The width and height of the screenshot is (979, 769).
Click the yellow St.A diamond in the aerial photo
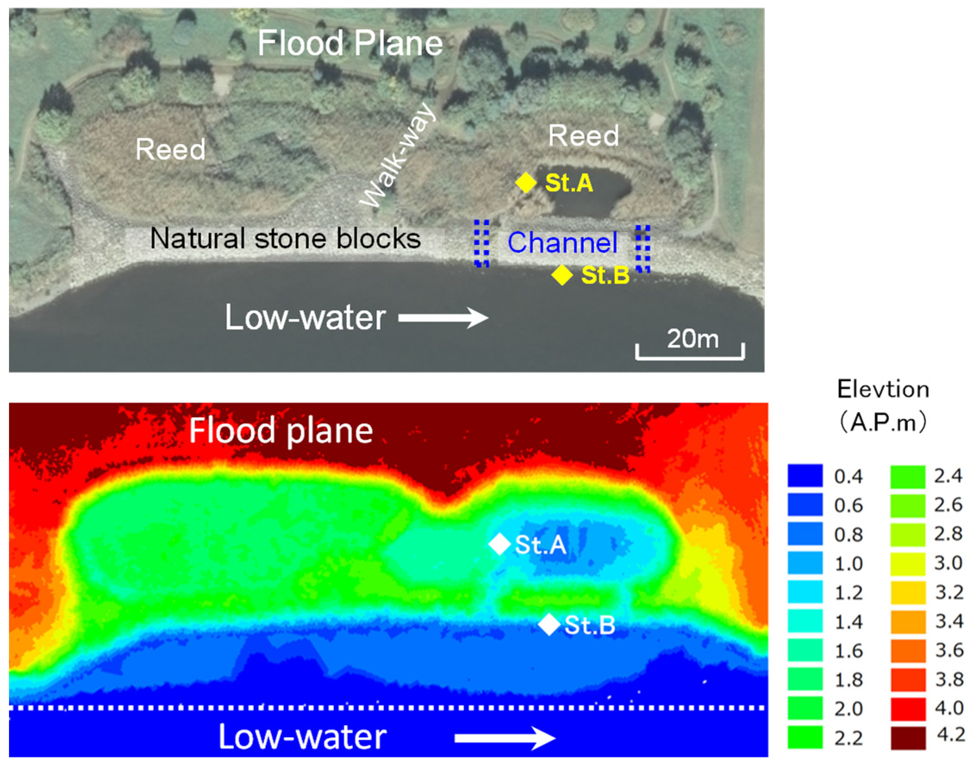click(525, 183)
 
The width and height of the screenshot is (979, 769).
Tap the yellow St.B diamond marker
click(562, 275)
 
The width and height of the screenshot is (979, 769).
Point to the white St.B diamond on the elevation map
click(549, 625)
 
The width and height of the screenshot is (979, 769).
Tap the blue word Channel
click(562, 243)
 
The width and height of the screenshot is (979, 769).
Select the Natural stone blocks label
click(285, 238)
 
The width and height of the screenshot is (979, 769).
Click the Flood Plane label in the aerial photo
click(350, 43)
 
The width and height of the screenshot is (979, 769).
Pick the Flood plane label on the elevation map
click(281, 431)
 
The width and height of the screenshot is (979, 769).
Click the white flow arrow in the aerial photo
click(443, 317)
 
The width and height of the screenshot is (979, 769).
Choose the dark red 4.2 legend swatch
click(908, 738)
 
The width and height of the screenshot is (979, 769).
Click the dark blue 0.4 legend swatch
click(805, 475)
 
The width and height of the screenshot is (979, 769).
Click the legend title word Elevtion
click(882, 389)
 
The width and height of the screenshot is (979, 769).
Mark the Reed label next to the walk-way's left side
click(170, 150)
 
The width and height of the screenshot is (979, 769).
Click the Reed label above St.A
click(583, 135)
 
